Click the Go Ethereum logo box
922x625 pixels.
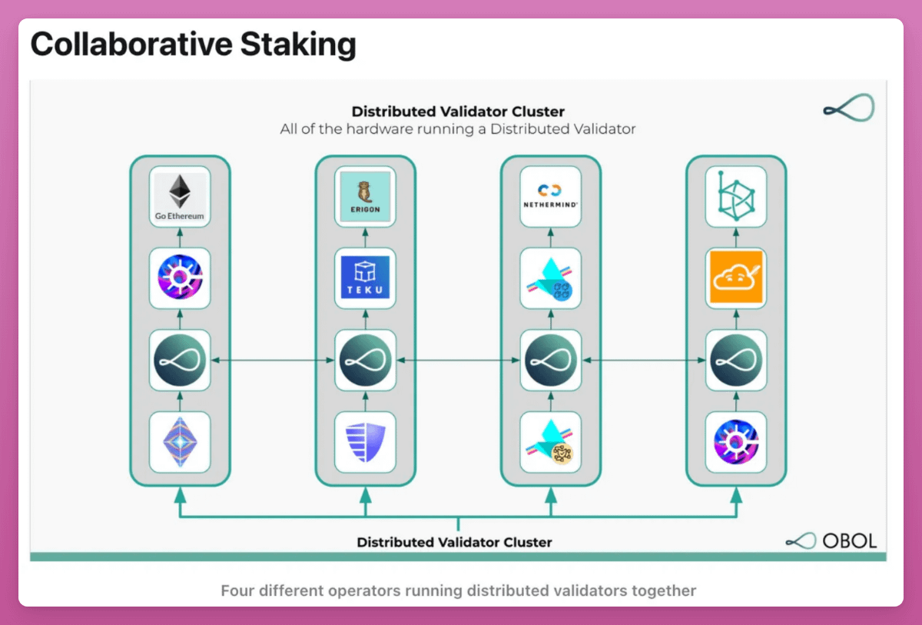coord(181,196)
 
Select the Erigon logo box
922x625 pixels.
coord(366,196)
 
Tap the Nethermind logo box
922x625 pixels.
coord(550,196)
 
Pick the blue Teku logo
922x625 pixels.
coord(366,278)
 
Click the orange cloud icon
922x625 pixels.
coord(736,278)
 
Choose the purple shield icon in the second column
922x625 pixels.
coord(366,442)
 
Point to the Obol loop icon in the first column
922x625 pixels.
coord(181,360)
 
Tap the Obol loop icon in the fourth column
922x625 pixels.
coord(736,360)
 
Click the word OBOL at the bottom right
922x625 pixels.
coord(849,540)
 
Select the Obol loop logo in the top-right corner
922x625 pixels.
coord(848,109)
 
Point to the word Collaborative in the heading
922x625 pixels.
coord(130,45)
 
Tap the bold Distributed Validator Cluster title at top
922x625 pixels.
coord(458,111)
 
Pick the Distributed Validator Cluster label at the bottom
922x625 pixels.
coord(454,542)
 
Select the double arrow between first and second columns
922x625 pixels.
coord(273,360)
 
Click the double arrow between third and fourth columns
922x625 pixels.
coord(643,360)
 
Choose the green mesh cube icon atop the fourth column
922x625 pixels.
coord(736,196)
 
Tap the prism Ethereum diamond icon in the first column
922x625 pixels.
coord(181,442)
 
